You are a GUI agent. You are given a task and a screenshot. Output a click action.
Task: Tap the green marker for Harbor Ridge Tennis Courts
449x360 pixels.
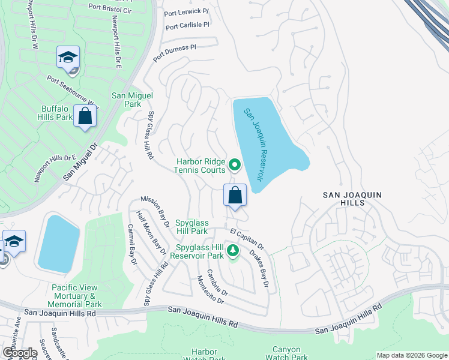point(235,164)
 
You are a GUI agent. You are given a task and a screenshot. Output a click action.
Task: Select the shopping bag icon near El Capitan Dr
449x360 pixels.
point(235,196)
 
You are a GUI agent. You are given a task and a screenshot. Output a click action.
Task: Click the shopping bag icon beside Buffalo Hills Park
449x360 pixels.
point(85,116)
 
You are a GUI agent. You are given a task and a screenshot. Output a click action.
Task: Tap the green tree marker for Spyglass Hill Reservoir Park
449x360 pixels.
point(232,251)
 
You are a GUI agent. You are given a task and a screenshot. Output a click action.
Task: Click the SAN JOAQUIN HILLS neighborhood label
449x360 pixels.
point(352,199)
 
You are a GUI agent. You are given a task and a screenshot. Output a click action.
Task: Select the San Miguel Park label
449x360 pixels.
point(133,100)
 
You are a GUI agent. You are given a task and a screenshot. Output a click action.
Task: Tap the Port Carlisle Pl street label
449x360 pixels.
point(187,26)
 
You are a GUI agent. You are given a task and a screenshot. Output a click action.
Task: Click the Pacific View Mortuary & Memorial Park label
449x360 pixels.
point(77,296)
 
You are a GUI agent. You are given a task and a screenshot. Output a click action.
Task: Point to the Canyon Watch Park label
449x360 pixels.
point(286,353)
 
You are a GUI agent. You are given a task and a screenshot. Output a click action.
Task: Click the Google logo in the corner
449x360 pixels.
point(19,353)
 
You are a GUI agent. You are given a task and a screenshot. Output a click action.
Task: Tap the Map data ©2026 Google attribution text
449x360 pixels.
point(411,355)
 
